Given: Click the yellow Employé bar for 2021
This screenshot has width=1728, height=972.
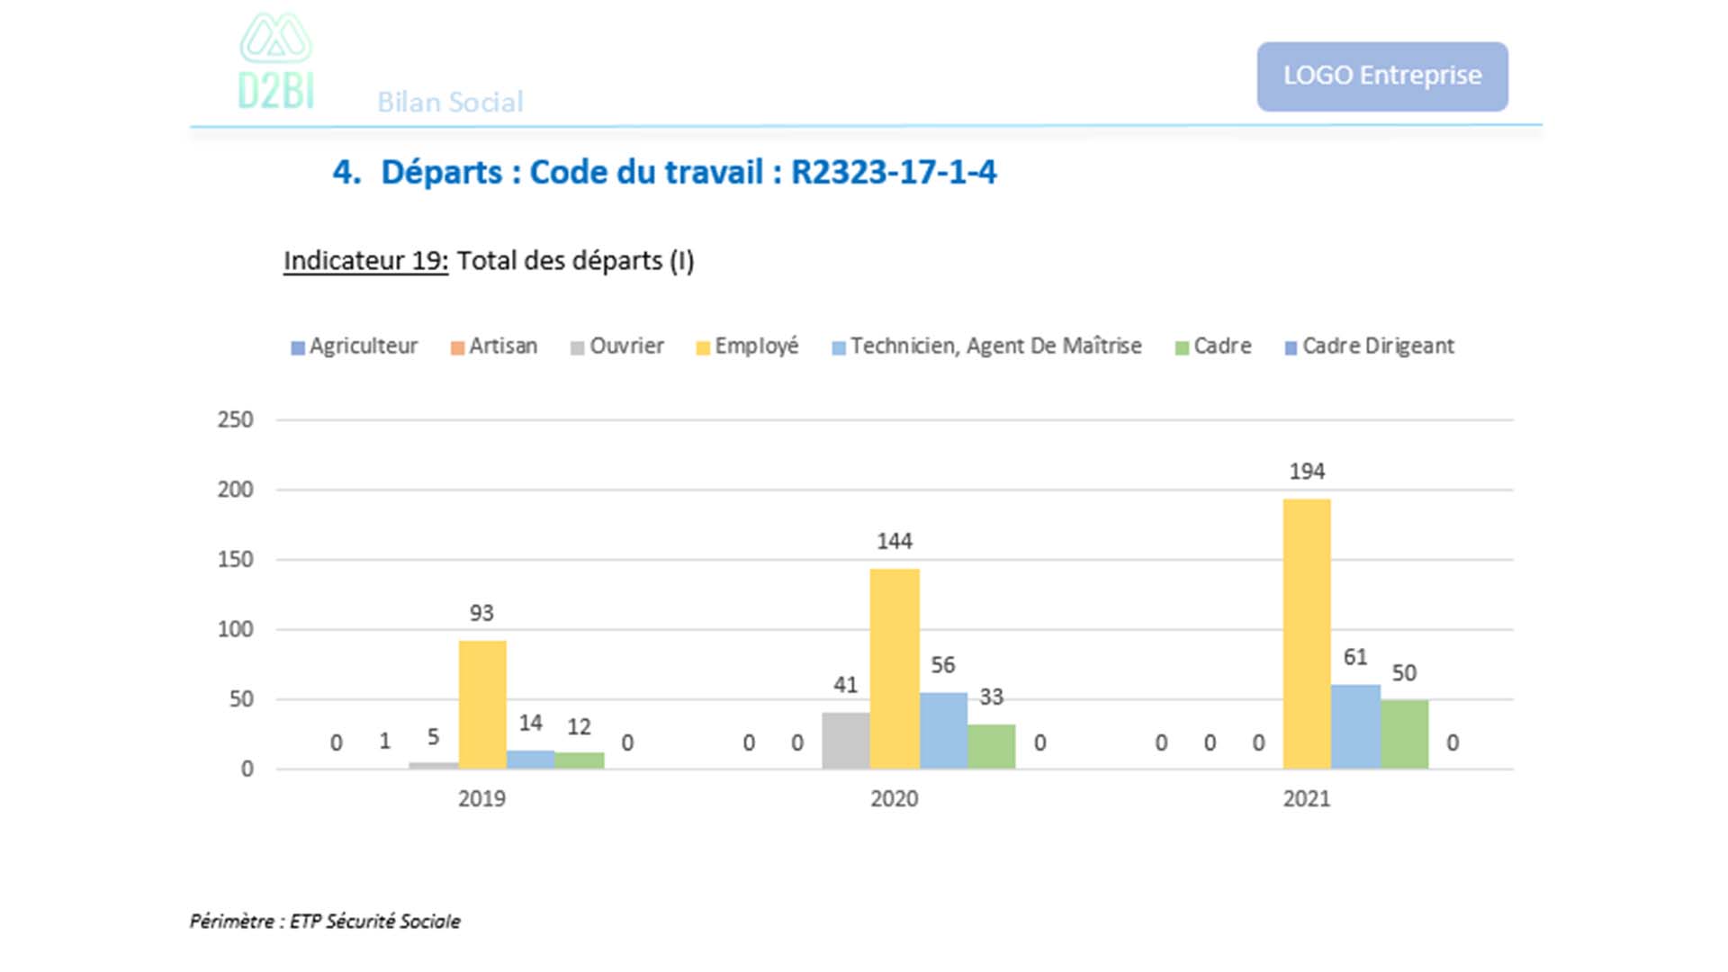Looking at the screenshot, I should pyautogui.click(x=1307, y=634).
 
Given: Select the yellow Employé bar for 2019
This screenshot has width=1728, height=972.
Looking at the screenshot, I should pyautogui.click(x=482, y=705).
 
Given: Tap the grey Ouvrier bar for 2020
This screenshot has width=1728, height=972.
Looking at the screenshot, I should pyautogui.click(x=846, y=741).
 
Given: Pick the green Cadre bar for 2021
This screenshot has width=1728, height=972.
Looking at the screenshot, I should pyautogui.click(x=1404, y=734).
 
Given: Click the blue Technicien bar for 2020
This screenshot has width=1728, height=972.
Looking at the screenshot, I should pyautogui.click(x=943, y=731).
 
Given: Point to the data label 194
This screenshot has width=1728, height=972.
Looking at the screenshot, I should pyautogui.click(x=1307, y=472).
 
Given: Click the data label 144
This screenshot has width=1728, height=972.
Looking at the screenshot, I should pyautogui.click(x=895, y=541).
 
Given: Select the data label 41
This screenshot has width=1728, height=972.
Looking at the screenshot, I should pyautogui.click(x=845, y=685).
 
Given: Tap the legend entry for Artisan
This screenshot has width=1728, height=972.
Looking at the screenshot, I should pyautogui.click(x=494, y=346).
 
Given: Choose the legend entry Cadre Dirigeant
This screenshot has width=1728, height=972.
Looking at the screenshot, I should pyautogui.click(x=1369, y=346).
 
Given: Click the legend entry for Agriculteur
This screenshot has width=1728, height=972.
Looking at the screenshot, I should pyautogui.click(x=355, y=346).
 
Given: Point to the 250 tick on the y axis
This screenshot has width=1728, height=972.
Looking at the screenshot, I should pyautogui.click(x=235, y=419).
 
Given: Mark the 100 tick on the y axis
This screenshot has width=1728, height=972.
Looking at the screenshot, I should pyautogui.click(x=235, y=629).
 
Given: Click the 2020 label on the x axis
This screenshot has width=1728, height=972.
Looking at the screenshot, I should pyautogui.click(x=894, y=798).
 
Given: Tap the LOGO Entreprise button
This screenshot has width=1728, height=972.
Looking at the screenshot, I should pyautogui.click(x=1381, y=76).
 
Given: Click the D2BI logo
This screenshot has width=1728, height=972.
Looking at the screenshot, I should pyautogui.click(x=275, y=63).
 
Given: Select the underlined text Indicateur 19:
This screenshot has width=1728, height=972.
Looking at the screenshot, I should pyautogui.click(x=365, y=261).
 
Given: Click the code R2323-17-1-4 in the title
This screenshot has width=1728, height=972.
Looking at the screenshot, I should pyautogui.click(x=893, y=172).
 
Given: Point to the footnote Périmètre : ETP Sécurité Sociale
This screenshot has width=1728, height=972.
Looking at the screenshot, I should pyautogui.click(x=325, y=921).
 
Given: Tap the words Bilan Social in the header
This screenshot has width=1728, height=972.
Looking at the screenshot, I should pyautogui.click(x=450, y=103).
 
